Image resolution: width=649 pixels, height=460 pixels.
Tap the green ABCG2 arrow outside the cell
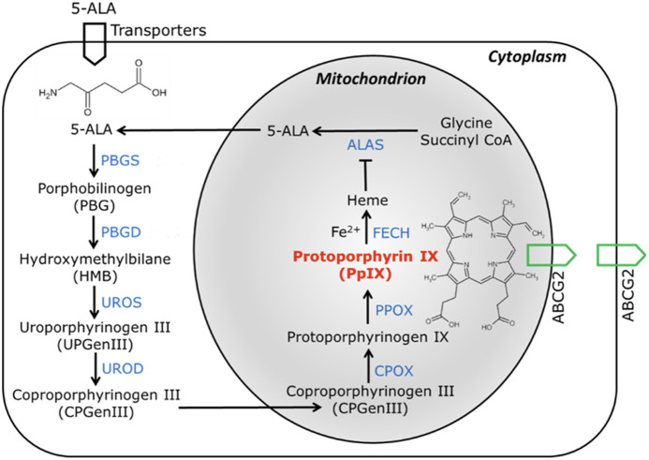[617, 255]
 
